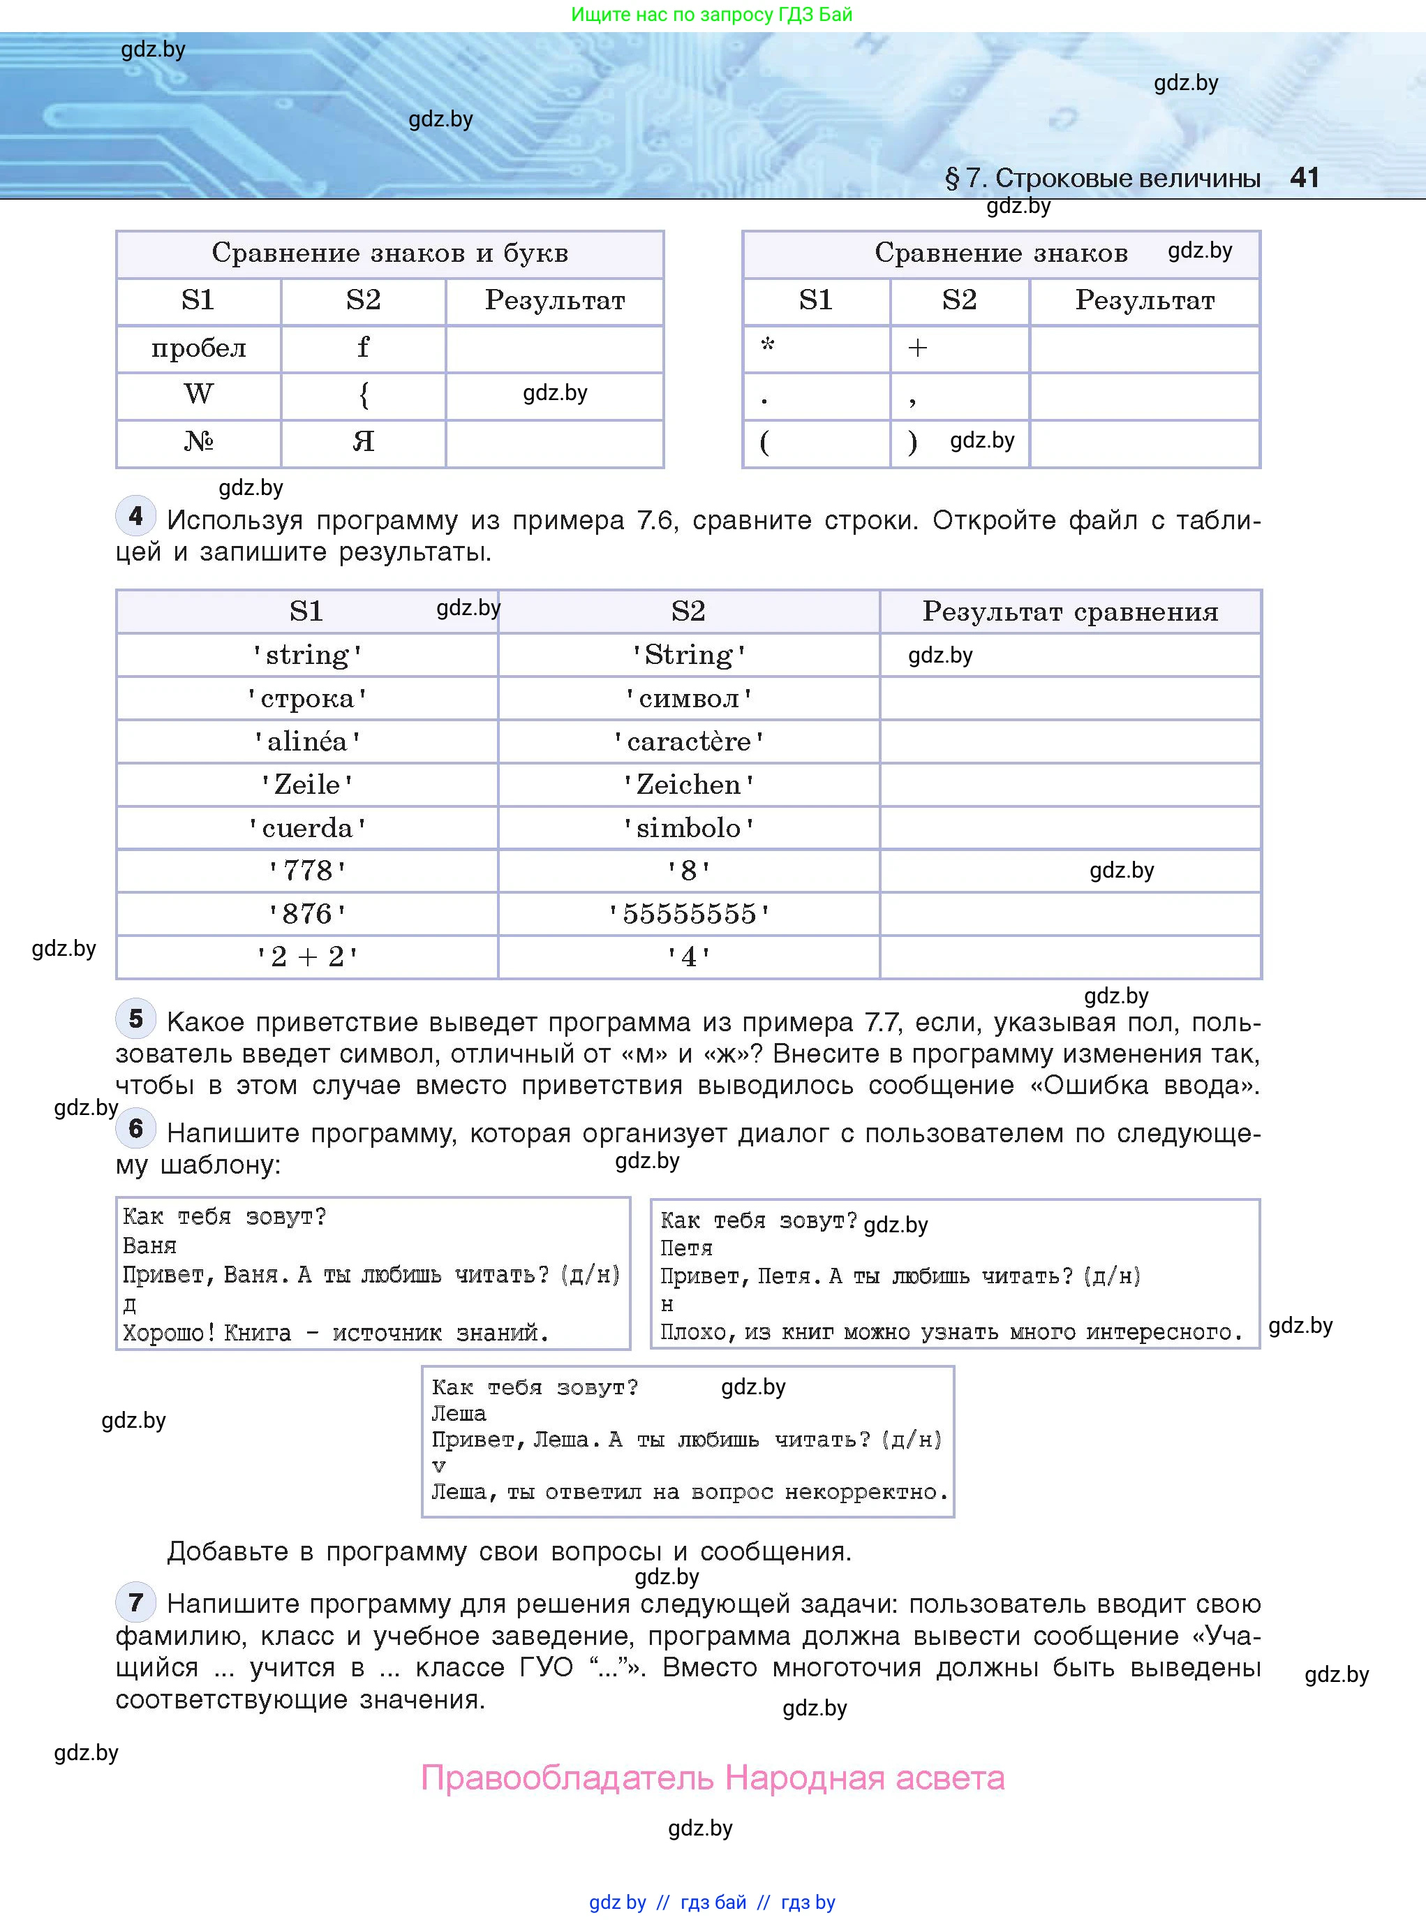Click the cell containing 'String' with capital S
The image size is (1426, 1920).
coord(688,654)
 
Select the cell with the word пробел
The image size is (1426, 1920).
coord(198,348)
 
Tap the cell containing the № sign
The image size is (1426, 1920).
coord(198,441)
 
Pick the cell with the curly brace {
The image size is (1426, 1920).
coord(364,394)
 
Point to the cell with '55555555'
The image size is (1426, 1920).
coord(688,913)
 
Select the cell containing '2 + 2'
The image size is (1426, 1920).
coord(306,957)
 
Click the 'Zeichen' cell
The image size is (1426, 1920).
coord(688,784)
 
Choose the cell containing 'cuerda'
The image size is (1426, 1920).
coord(306,828)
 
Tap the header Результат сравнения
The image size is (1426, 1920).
coord(1069,611)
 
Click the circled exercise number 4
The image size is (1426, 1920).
coord(135,516)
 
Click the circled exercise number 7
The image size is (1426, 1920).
coord(135,1603)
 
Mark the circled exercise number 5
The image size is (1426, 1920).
coord(135,1019)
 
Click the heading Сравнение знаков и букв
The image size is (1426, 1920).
coord(389,253)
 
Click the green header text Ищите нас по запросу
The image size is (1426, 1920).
coord(711,14)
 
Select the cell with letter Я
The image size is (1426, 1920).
coord(364,441)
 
